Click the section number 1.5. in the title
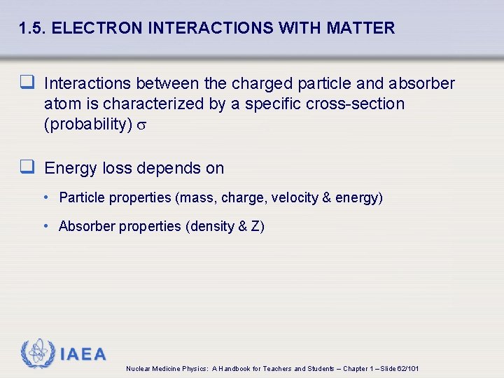(33, 29)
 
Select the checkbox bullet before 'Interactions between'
(27, 84)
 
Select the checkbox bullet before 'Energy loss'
(27, 168)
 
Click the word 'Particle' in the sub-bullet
(81, 198)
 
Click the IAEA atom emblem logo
(37, 353)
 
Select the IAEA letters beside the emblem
(83, 354)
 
